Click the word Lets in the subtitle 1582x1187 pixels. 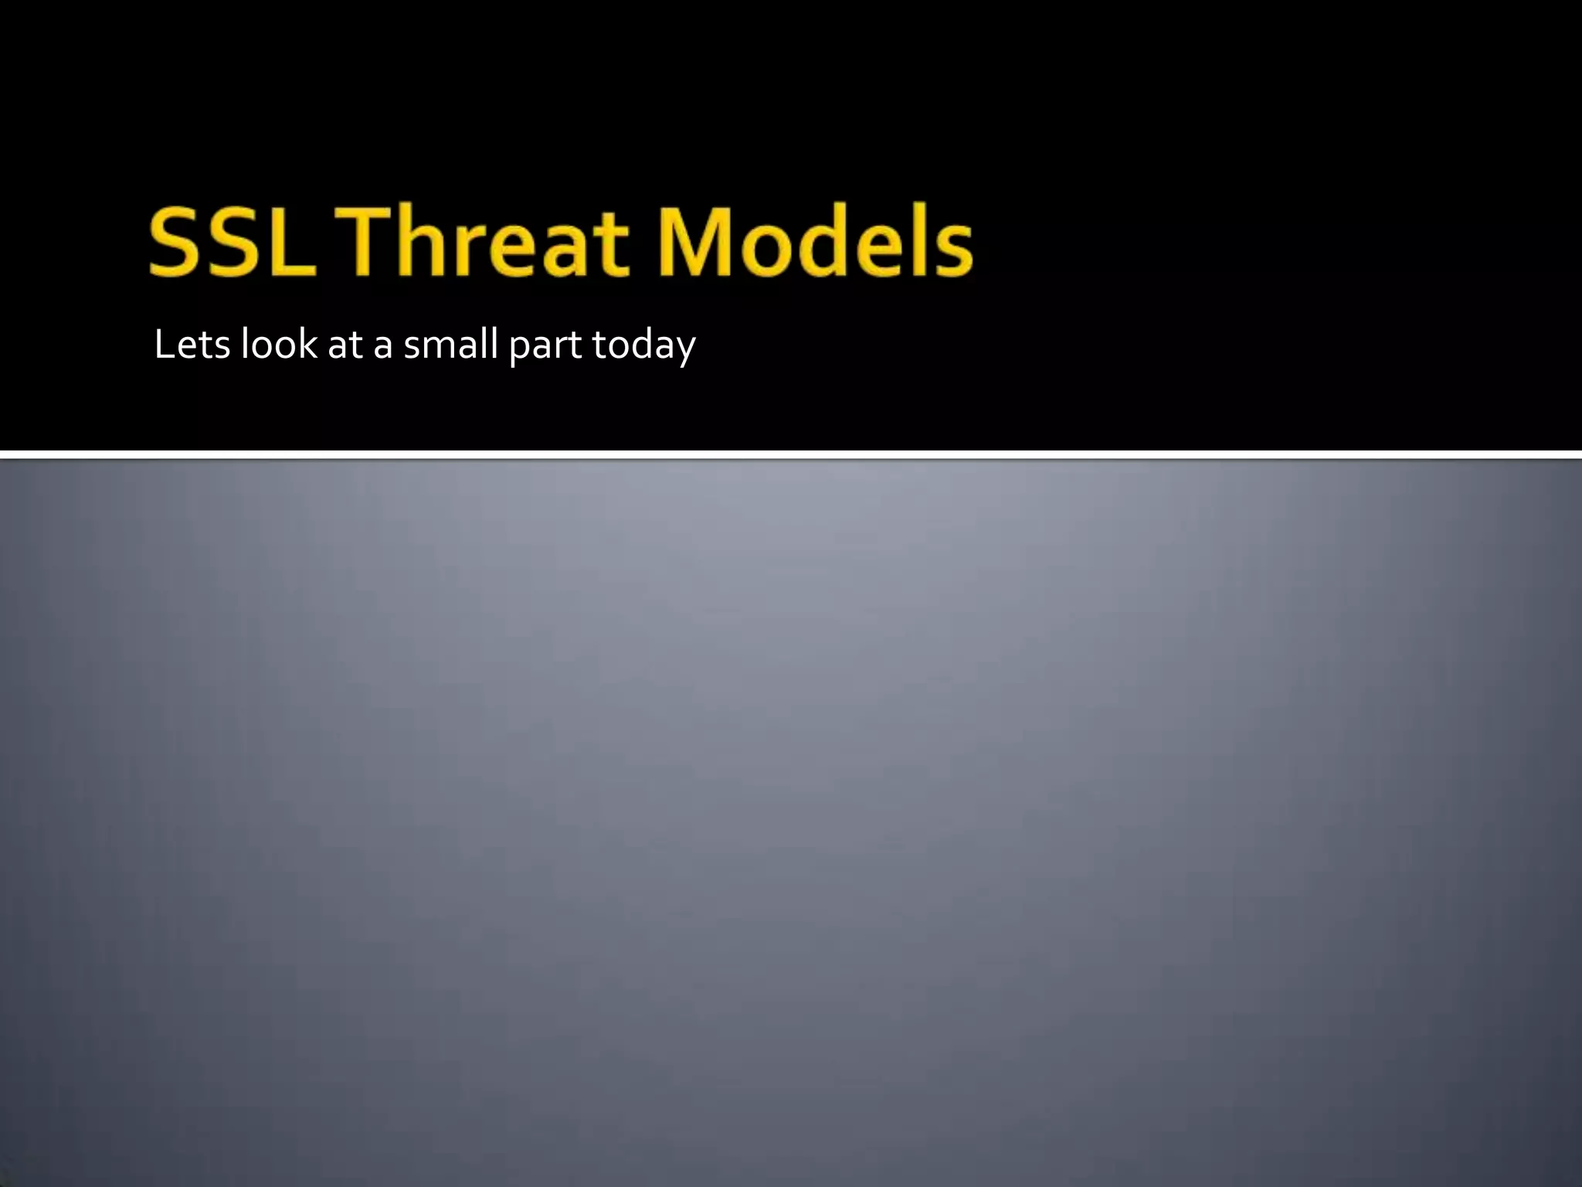click(192, 344)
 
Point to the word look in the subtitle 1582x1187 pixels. click(278, 344)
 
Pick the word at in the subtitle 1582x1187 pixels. click(345, 345)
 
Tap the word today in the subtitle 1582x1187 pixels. click(643, 345)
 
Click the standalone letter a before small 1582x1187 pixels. click(383, 347)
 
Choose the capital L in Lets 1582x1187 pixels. click(163, 344)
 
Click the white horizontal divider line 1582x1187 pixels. click(791, 454)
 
